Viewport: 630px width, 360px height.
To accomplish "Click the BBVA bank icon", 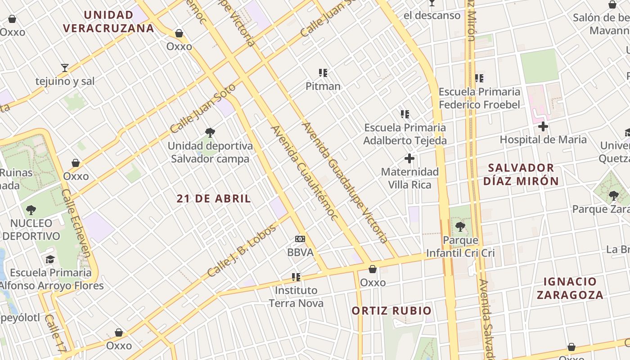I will coord(300,239).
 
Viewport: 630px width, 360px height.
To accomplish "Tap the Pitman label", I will coord(323,86).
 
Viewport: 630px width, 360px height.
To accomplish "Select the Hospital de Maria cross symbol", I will coord(543,126).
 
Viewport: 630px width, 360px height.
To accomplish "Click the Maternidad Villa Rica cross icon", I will coord(409,158).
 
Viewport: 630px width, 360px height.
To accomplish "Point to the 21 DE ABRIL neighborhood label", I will coord(214,198).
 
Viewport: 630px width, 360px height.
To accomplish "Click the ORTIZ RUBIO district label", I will coord(391,310).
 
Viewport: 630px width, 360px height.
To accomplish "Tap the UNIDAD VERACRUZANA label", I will coord(108,22).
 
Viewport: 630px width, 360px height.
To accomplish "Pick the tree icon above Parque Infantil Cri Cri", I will coord(460,226).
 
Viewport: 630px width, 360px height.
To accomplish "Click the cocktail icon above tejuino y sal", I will coord(65,68).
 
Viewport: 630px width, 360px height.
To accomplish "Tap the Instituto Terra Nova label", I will coord(296,297).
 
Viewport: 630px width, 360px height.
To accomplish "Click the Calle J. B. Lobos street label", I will coord(241,251).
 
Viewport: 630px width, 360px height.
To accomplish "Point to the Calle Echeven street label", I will coord(76,223).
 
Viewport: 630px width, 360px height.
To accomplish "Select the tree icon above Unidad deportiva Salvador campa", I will coord(210,132).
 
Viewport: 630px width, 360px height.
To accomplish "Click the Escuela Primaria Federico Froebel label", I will coord(479,98).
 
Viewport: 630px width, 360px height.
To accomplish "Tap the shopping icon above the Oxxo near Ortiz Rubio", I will coord(373,269).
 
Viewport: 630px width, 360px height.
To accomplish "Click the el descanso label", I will coord(432,15).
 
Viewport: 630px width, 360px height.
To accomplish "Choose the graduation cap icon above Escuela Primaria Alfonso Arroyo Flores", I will coord(50,259).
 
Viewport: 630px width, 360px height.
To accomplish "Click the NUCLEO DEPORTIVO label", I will coord(31,229).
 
